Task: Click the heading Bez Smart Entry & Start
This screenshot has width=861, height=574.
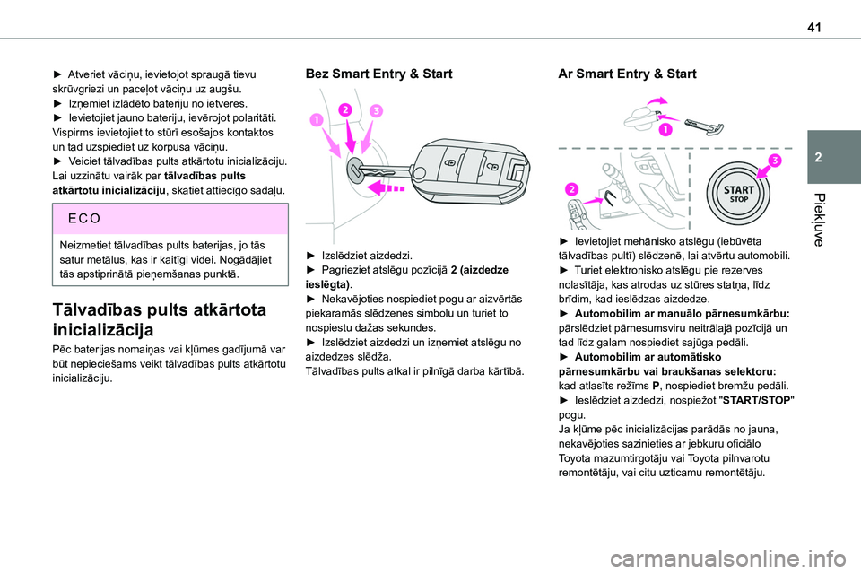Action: (x=379, y=74)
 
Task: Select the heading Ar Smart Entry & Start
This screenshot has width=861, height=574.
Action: (x=627, y=74)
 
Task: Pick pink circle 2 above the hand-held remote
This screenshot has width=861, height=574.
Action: (x=570, y=188)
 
